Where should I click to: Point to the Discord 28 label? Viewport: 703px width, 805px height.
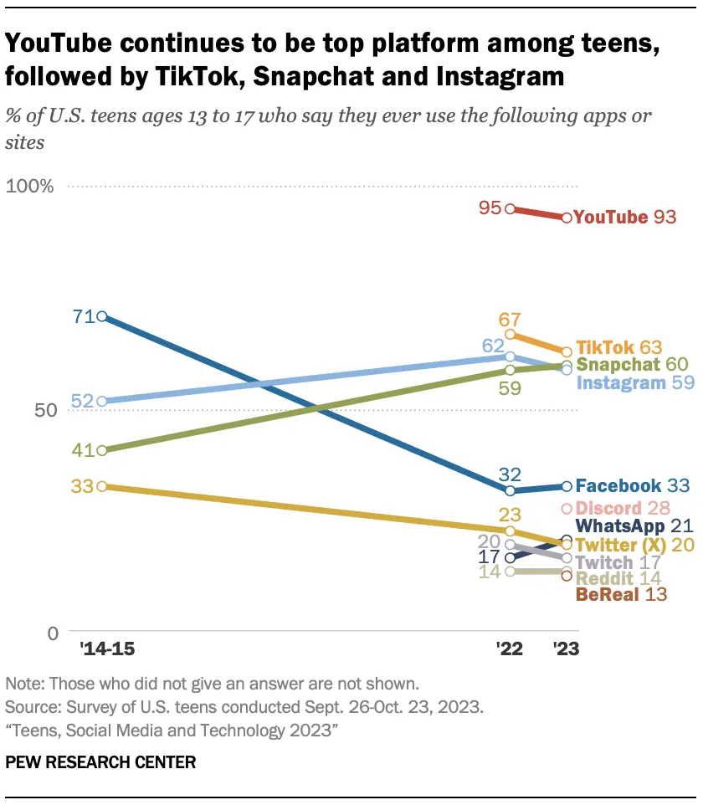621,508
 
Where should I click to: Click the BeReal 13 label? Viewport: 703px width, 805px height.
618,595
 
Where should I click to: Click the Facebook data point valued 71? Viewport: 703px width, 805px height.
101,316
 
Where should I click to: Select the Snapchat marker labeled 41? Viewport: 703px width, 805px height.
101,450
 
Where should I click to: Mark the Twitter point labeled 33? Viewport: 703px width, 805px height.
101,486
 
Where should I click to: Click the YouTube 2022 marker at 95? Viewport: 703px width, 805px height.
510,209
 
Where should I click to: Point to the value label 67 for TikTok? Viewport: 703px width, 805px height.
510,320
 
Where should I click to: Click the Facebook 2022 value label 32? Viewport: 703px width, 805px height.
510,473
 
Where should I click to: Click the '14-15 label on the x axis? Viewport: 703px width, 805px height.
101,649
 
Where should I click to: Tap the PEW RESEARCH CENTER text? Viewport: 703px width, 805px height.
100,762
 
